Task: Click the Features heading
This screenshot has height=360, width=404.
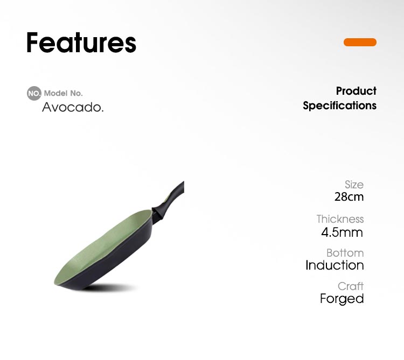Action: tap(81, 43)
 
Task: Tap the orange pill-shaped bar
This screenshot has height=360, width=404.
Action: tap(360, 42)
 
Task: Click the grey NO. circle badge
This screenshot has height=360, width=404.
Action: tap(34, 93)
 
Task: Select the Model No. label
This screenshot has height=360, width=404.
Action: tap(64, 93)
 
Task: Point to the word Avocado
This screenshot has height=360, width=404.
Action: tap(73, 107)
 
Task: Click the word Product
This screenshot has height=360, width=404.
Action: tap(356, 91)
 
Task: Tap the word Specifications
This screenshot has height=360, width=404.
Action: tap(339, 106)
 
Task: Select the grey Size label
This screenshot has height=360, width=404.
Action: tap(354, 185)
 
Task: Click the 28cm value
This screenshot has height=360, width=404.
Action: tap(349, 197)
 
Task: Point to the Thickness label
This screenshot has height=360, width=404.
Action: tap(340, 219)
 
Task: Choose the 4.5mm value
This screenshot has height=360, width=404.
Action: tap(342, 232)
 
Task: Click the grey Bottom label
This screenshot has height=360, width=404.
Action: tap(345, 253)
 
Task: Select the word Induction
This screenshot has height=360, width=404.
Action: tap(335, 265)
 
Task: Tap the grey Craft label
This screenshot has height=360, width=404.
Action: tap(351, 286)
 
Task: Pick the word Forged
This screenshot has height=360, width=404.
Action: tap(342, 299)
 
